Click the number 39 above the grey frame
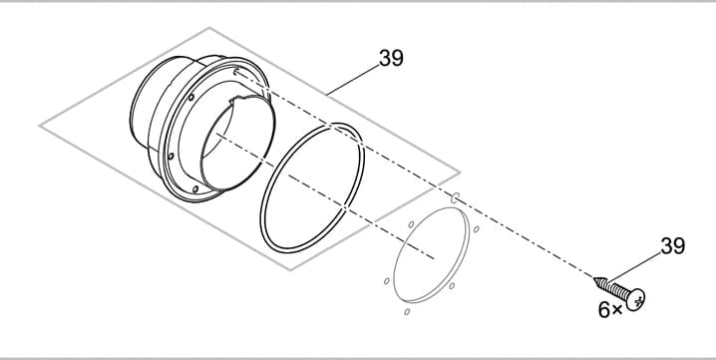click(x=391, y=59)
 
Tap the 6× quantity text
click(x=609, y=310)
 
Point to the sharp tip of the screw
click(x=595, y=278)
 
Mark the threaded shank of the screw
click(x=614, y=287)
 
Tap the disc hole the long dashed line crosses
click(x=454, y=197)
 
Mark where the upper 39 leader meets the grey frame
click(x=330, y=93)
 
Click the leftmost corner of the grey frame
click(x=40, y=126)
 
